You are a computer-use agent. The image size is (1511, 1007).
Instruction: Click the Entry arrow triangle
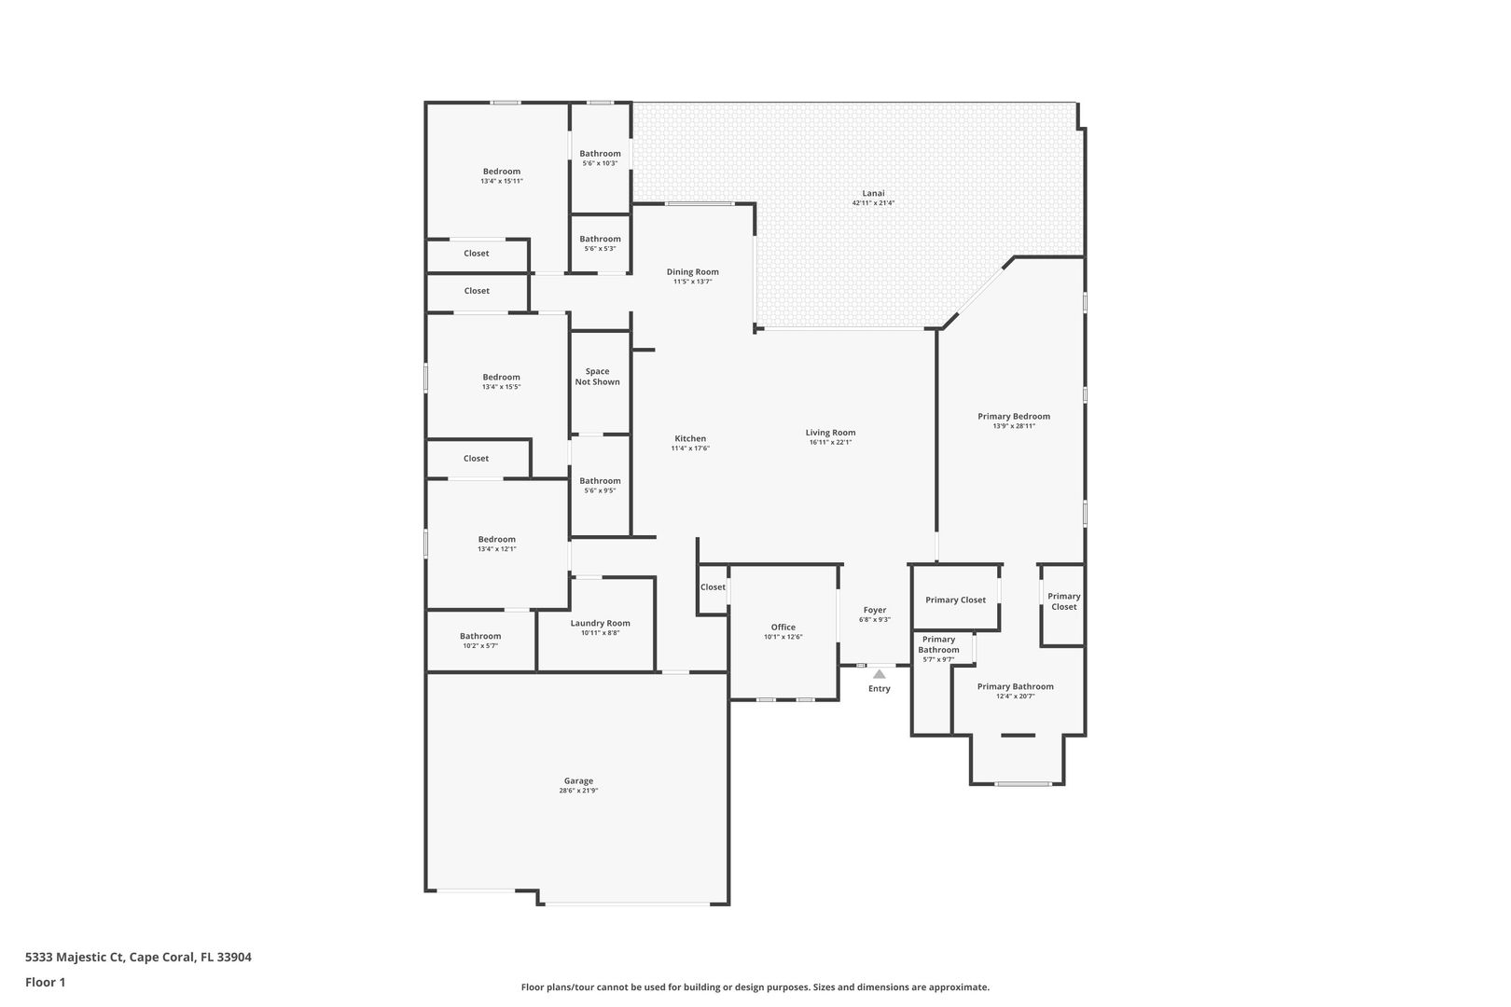point(879,674)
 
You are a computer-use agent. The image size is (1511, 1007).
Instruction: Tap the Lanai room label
point(873,193)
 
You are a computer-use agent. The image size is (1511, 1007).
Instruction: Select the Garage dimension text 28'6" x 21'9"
point(578,791)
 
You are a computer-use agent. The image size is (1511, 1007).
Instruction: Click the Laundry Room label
point(600,623)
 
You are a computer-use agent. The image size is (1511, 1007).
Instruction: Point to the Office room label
point(783,628)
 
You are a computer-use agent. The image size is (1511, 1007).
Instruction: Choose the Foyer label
point(875,610)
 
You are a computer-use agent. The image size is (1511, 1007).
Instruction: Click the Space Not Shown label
point(597,377)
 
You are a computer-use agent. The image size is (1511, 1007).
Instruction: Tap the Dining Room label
point(693,272)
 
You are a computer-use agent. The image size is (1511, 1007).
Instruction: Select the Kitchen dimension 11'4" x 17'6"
point(690,448)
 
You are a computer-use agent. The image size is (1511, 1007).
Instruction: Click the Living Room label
point(830,433)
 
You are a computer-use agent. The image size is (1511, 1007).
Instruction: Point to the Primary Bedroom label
point(1014,416)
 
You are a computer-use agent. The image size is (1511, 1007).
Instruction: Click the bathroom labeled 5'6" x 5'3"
point(600,243)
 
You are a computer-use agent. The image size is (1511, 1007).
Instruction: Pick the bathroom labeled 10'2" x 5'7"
point(480,641)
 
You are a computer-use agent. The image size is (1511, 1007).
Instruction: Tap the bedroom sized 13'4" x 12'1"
point(496,544)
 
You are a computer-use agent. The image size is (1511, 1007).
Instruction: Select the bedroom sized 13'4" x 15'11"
point(501,176)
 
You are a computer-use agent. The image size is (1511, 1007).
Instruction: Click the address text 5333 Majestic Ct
point(75,957)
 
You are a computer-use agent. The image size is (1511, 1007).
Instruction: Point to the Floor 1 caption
point(45,982)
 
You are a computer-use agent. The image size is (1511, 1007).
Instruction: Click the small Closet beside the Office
point(713,586)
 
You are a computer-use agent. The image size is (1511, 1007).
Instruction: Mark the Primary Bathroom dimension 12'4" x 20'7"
point(1015,697)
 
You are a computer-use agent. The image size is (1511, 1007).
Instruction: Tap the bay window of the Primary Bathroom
point(1023,784)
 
